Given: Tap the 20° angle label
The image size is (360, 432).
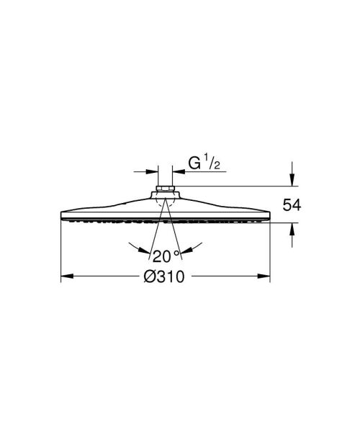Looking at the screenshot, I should (x=164, y=255).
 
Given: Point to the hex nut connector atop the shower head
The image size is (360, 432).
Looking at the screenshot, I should (x=164, y=193).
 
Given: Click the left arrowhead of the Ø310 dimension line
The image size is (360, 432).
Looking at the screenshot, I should (x=65, y=276).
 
